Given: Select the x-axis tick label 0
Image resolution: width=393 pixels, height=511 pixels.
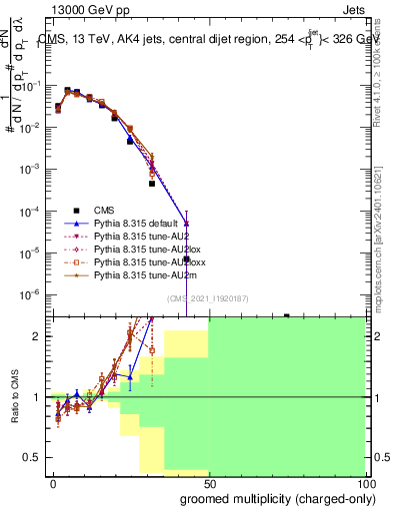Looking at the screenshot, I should coord(53,483).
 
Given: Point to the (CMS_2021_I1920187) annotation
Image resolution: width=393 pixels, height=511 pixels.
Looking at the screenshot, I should coord(207,298).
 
